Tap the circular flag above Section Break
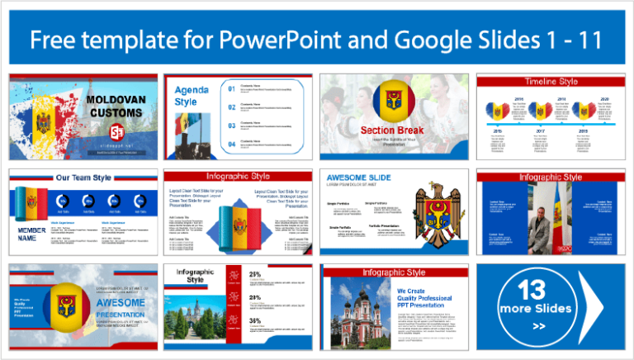point(392,102)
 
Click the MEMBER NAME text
point(31,233)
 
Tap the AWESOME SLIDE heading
point(360,178)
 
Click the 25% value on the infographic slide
point(255,274)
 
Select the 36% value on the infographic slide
point(255,320)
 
